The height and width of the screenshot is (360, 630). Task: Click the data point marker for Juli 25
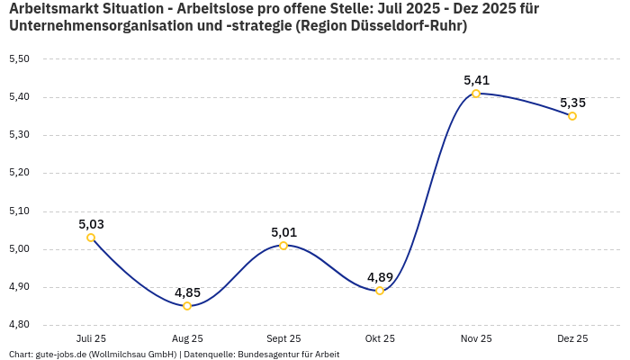[x=91, y=238]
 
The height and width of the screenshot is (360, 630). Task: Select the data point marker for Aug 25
[x=187, y=306]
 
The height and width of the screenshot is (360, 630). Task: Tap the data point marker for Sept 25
[x=283, y=246]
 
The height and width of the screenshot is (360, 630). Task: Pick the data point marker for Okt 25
[x=380, y=291]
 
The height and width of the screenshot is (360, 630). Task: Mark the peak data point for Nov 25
[x=476, y=94]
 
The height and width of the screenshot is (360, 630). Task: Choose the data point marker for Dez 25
[x=572, y=116]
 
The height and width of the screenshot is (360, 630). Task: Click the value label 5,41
[x=476, y=80]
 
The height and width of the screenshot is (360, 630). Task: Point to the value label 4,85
[x=187, y=292]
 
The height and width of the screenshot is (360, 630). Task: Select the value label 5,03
[x=91, y=224]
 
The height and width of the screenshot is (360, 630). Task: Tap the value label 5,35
[x=572, y=103]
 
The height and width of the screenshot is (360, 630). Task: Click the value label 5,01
[x=283, y=232]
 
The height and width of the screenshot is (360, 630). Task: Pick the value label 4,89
[x=380, y=277]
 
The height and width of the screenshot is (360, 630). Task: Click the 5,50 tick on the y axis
[x=19, y=59]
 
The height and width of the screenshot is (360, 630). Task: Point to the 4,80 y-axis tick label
[x=19, y=325]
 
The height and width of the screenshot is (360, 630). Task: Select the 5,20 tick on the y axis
[x=19, y=173]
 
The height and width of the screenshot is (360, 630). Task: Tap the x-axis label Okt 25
[x=380, y=338]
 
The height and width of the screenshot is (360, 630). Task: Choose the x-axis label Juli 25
[x=91, y=338]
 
